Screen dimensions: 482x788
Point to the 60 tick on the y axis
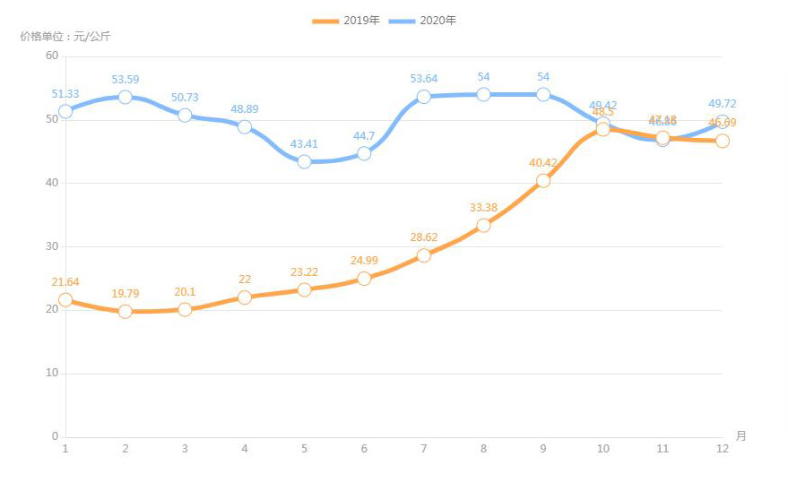51,56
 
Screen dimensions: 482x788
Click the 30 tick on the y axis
51,246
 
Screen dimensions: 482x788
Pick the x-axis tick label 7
424,448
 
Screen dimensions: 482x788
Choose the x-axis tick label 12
723,448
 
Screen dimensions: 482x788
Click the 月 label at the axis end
740,436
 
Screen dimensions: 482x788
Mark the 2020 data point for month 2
126,97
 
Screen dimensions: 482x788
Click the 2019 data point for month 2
126,311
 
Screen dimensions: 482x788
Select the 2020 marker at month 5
304,161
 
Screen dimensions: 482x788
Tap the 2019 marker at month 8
483,225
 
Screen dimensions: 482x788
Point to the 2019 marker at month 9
543,180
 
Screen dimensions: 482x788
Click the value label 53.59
126,80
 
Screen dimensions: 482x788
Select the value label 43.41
304,144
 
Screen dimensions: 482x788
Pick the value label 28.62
424,238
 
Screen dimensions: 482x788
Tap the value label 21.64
65,282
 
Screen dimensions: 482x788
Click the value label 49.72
723,104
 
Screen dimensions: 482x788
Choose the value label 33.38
483,208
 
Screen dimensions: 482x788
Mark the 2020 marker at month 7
424,96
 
